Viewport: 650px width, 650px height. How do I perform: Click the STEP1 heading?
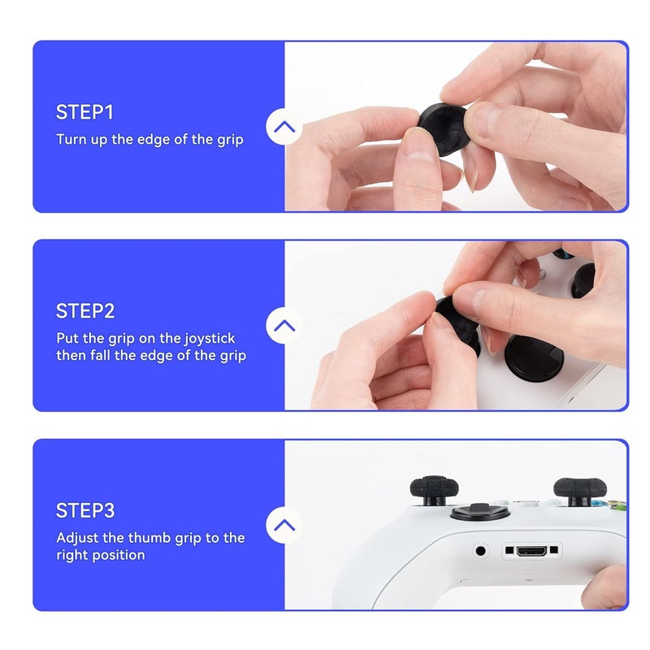pyautogui.click(x=85, y=112)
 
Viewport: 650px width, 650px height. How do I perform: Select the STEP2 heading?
pyautogui.click(x=85, y=311)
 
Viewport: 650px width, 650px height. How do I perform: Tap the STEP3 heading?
pyautogui.click(x=85, y=511)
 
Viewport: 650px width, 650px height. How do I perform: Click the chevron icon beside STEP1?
pyautogui.click(x=284, y=127)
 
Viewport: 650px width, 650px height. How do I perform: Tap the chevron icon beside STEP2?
pyautogui.click(x=284, y=326)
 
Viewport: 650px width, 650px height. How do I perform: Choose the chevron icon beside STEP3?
pyautogui.click(x=284, y=525)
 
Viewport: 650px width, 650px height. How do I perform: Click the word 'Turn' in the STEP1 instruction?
pyautogui.click(x=70, y=139)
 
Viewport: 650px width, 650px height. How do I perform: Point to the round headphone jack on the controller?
pyautogui.click(x=480, y=551)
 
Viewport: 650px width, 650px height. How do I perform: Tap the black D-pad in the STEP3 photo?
pyautogui.click(x=470, y=513)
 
